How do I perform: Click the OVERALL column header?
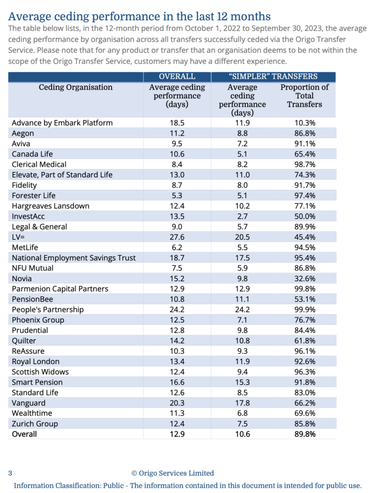click(177, 77)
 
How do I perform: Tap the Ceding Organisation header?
click(76, 88)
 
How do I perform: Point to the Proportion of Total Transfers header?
click(305, 96)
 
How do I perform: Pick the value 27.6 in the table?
click(177, 237)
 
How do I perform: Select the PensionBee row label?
click(30, 299)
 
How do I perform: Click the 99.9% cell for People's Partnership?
click(305, 310)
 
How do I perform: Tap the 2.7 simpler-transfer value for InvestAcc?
click(242, 217)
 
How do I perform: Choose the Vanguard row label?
click(28, 403)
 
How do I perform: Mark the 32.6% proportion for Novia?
click(305, 279)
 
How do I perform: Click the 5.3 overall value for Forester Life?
click(177, 195)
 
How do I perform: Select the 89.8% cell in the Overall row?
click(305, 434)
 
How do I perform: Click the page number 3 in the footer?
click(10, 473)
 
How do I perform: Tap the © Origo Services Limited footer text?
click(173, 473)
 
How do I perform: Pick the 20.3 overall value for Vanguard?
click(177, 403)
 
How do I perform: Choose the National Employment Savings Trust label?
click(74, 258)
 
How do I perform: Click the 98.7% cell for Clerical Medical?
click(305, 165)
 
